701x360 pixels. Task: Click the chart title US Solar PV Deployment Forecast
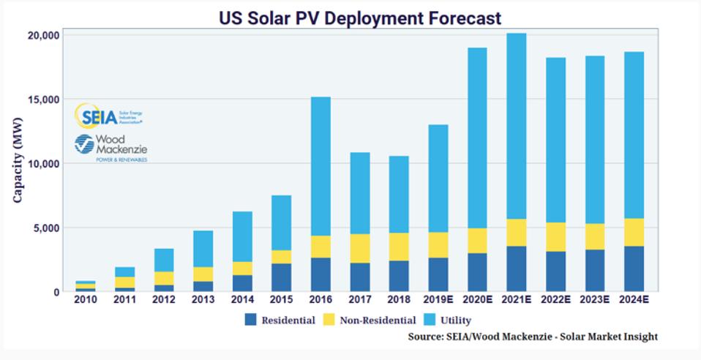360,17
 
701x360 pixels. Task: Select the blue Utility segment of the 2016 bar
320,166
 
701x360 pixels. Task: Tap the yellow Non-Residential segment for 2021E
516,233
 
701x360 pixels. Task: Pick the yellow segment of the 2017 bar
359,248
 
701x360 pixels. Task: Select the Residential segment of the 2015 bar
280,277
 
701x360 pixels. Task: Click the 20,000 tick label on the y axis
44,35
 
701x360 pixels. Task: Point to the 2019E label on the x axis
438,299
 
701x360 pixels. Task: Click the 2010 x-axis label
84,299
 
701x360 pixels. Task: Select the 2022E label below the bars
555,299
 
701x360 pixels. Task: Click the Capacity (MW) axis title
18,162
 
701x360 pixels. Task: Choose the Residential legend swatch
250,320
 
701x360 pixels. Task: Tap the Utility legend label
457,320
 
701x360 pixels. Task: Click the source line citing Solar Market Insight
533,337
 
